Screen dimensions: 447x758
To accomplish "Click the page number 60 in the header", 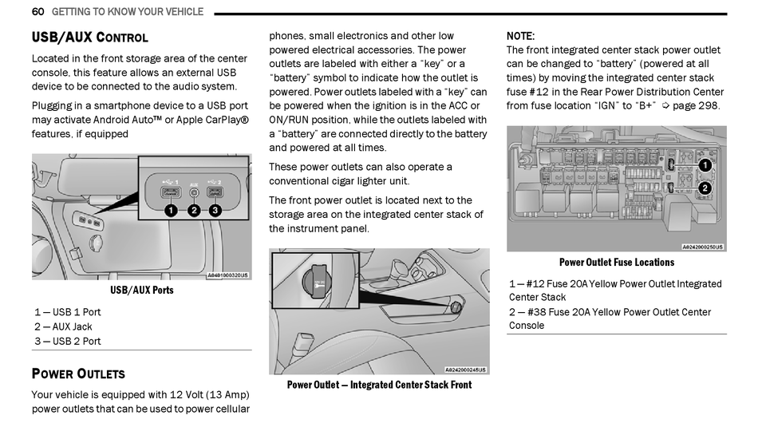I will click(38, 12).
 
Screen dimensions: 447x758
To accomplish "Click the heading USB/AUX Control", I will click(89, 38).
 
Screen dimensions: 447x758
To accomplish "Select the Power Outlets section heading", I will click(77, 374).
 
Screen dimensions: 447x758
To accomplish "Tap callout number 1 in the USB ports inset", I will click(171, 211).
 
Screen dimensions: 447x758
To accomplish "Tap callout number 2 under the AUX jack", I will click(194, 211).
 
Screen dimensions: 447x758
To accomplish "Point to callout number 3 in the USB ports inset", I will click(215, 211).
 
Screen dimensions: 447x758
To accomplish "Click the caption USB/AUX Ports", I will click(141, 290).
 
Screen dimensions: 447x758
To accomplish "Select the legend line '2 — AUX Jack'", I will click(63, 326).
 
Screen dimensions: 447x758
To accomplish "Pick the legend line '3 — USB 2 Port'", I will click(68, 341).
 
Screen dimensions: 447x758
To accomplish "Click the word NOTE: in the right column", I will click(520, 36).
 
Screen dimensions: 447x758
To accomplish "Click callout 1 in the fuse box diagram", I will click(705, 165).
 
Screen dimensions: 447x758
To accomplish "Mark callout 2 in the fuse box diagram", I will click(705, 188).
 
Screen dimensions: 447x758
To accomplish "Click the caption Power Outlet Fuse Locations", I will click(616, 262).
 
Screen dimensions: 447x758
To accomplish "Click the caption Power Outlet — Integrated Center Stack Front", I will click(379, 385).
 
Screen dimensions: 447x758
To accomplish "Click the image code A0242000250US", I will click(702, 247).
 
